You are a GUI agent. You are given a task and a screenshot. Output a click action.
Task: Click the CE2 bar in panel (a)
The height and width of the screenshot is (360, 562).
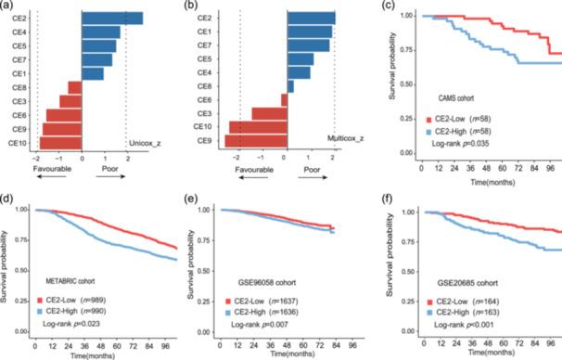112,19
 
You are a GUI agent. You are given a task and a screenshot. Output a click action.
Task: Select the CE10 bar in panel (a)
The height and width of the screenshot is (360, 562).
59,143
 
